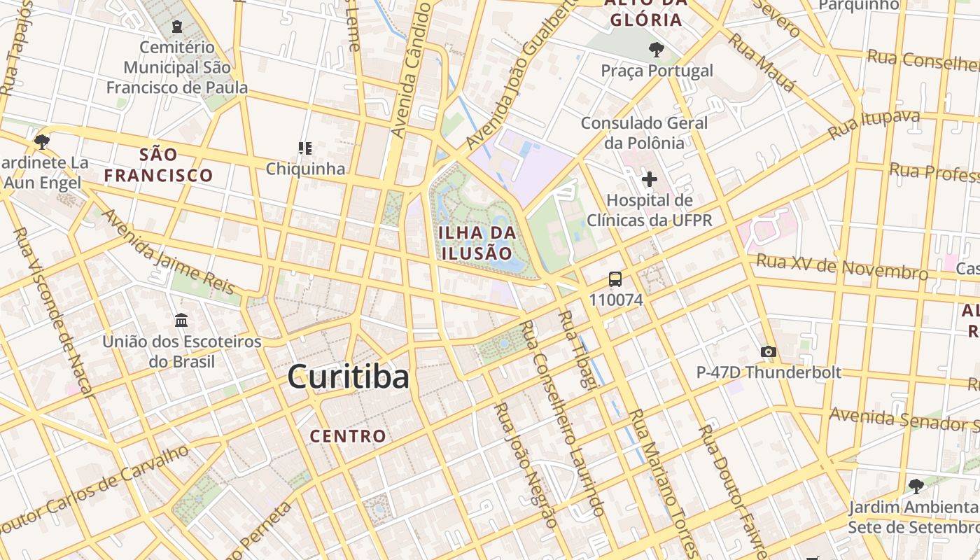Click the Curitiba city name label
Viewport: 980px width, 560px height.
348,377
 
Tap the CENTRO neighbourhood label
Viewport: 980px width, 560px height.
348,436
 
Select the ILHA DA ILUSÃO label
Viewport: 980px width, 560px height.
477,242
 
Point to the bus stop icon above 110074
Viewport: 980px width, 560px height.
615,279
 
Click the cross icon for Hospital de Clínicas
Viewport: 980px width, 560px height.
650,179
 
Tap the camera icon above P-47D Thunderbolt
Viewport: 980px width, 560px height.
768,351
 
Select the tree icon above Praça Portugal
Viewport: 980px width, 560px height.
656,49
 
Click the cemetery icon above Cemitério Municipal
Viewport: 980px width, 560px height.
177,27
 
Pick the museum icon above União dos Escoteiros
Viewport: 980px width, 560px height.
181,320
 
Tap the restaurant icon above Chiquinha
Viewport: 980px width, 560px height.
305,148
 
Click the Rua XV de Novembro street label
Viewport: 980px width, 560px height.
842,267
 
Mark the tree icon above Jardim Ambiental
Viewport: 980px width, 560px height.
916,485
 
